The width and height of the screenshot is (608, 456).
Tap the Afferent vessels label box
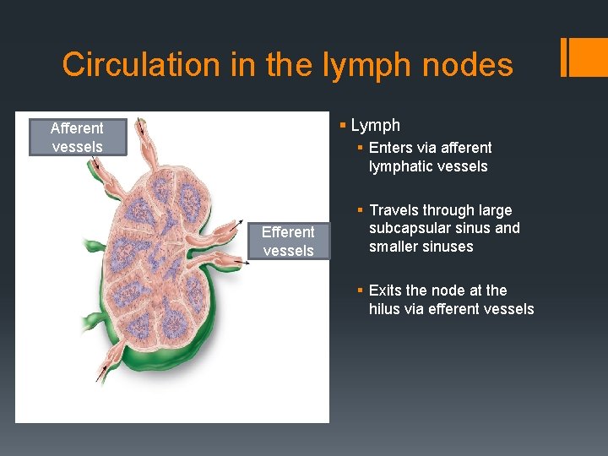77,138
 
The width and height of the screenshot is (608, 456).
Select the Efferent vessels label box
287,241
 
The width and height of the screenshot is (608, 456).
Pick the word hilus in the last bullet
386,309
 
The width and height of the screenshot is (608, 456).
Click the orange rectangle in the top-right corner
584,56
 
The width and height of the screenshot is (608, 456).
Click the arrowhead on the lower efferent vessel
247,264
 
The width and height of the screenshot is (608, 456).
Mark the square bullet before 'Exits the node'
361,290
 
